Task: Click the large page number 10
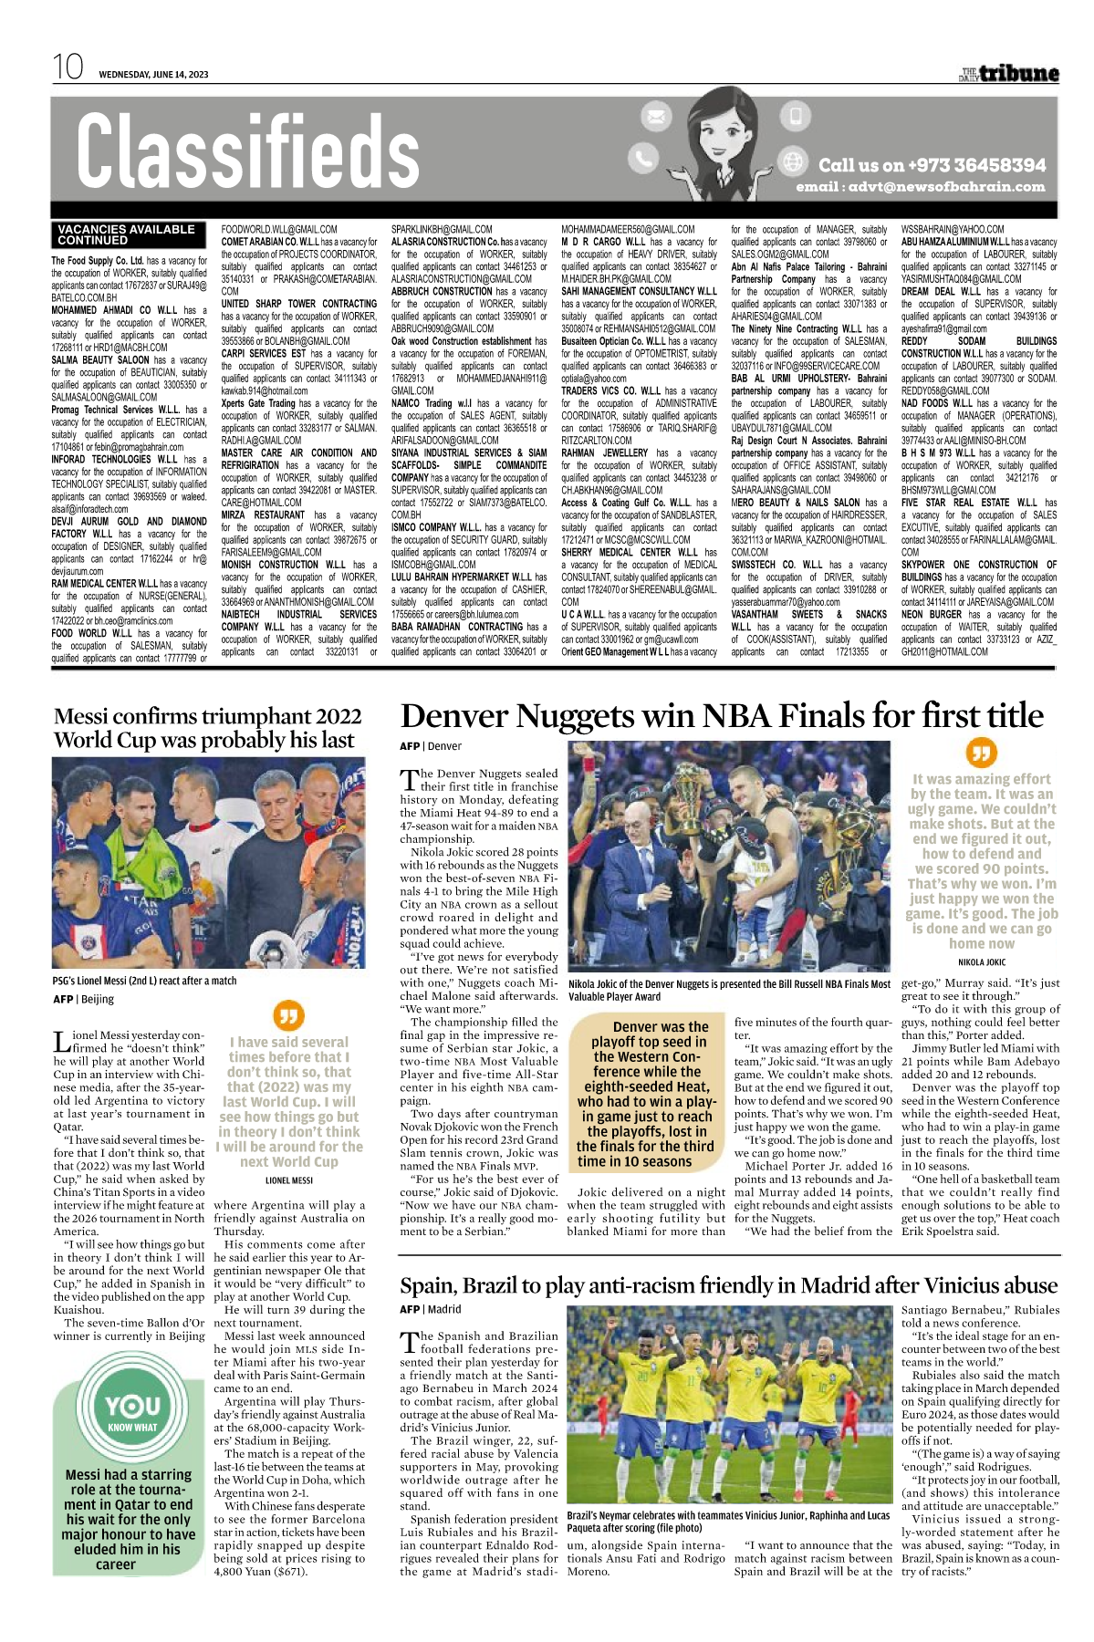pyautogui.click(x=68, y=68)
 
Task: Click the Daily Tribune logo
pyautogui.click(x=1008, y=74)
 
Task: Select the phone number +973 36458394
pyautogui.click(x=932, y=165)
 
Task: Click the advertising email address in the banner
pyautogui.click(x=920, y=187)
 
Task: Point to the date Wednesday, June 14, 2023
pyautogui.click(x=153, y=75)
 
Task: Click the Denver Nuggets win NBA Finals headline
pyautogui.click(x=721, y=716)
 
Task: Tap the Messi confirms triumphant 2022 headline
pyautogui.click(x=207, y=728)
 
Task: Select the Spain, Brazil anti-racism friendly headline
pyautogui.click(x=728, y=1285)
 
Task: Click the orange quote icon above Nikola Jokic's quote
pyautogui.click(x=981, y=753)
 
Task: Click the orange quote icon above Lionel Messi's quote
pyautogui.click(x=288, y=1015)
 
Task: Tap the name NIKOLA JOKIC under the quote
pyautogui.click(x=981, y=961)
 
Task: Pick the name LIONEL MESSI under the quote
pyautogui.click(x=288, y=1180)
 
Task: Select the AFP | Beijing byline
pyautogui.click(x=83, y=999)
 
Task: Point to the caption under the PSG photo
pyautogui.click(x=144, y=981)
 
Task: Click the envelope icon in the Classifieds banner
pyautogui.click(x=655, y=117)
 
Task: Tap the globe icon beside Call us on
pyautogui.click(x=793, y=161)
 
